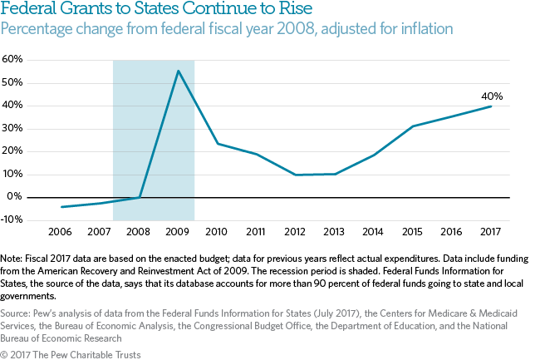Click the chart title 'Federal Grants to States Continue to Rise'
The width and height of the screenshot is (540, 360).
(156, 12)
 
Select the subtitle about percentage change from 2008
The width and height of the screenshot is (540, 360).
(227, 30)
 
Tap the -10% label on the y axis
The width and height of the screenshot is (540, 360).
(12, 219)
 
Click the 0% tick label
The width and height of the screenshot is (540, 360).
(15, 197)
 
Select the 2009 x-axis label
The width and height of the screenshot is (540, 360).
(179, 231)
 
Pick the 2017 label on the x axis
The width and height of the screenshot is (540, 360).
(491, 231)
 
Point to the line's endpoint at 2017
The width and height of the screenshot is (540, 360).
(491, 106)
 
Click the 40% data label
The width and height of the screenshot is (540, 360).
(492, 96)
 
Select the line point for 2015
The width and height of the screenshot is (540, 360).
(413, 126)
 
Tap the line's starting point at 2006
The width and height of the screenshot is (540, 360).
(62, 207)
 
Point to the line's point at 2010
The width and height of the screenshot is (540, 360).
(218, 144)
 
